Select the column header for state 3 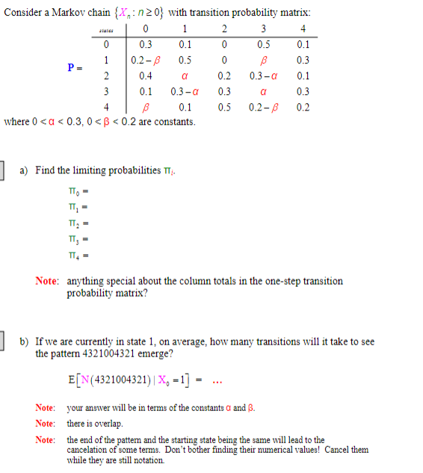coord(262,29)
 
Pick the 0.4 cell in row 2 coord(146,75)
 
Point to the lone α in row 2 coord(184,75)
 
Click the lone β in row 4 coord(146,107)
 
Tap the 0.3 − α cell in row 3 coord(184,91)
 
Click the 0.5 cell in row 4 coord(224,107)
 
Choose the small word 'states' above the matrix coord(107,31)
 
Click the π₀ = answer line coord(79,192)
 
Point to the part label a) coord(25,170)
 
